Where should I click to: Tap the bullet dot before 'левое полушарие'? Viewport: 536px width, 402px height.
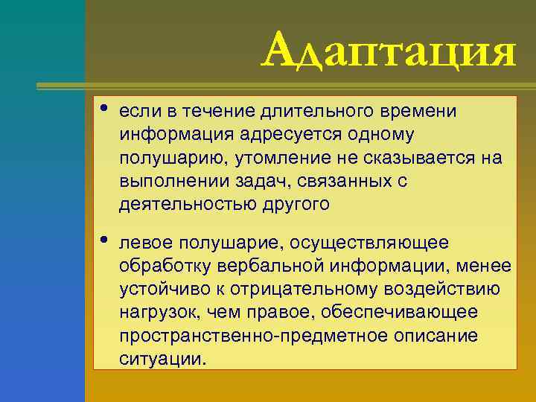click(x=101, y=240)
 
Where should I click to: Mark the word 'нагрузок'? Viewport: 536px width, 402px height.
click(x=158, y=313)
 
